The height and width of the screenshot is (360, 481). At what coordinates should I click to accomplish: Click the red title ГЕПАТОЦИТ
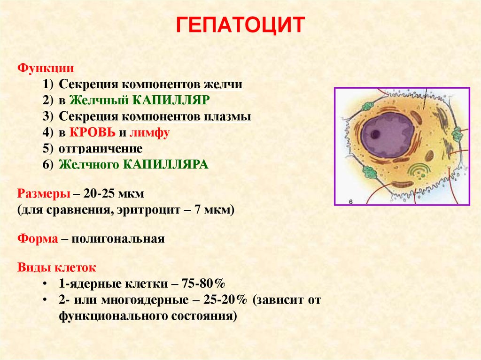[240, 25]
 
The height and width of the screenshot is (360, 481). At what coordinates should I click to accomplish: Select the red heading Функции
[46, 68]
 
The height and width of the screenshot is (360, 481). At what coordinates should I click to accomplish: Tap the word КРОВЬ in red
[93, 132]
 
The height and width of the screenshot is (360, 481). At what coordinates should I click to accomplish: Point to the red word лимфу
[149, 133]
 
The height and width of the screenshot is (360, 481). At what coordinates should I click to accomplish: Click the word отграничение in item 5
[101, 149]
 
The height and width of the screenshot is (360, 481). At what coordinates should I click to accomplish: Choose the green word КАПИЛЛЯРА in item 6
[166, 165]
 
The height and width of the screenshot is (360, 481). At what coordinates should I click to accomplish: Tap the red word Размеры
[44, 194]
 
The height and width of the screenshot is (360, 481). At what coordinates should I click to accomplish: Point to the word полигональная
[118, 239]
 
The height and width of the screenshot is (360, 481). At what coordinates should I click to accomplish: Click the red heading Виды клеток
[57, 268]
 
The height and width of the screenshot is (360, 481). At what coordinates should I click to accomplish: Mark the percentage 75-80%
[203, 283]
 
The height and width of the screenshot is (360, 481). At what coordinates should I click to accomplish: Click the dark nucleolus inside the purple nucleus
[375, 134]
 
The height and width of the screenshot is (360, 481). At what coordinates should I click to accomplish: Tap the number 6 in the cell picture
[351, 201]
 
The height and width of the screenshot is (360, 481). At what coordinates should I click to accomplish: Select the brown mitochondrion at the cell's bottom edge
[403, 184]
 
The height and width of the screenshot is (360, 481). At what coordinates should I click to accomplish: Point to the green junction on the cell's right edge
[458, 134]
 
